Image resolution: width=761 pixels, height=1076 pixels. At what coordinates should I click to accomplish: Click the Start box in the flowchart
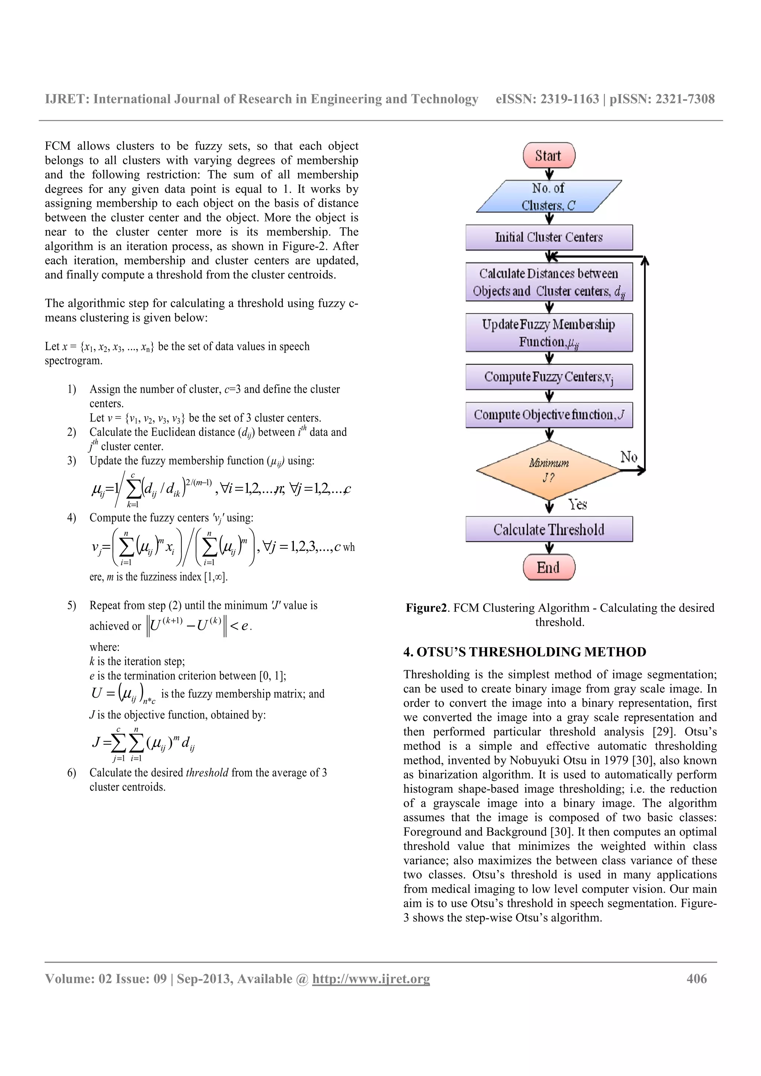tap(548, 156)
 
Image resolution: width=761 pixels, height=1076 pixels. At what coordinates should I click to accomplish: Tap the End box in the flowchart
tap(548, 568)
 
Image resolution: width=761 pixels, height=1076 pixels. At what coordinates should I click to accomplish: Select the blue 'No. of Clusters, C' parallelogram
tap(548, 196)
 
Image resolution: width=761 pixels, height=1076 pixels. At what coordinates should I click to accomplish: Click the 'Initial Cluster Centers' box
tap(548, 237)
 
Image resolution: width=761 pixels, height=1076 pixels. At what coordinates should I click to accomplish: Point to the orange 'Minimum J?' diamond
tap(548, 470)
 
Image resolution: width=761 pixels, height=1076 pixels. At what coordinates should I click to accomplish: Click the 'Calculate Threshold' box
tap(548, 529)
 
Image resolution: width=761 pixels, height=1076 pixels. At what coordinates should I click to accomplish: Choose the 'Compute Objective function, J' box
tap(548, 415)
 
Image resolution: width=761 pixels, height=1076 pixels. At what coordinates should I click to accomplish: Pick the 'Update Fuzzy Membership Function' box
tap(548, 333)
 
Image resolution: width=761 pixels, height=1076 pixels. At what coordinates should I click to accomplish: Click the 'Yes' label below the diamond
tap(578, 504)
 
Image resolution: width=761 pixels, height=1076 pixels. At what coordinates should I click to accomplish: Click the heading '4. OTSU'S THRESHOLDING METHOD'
tap(525, 652)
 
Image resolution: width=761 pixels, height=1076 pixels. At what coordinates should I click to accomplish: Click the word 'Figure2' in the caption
tap(426, 608)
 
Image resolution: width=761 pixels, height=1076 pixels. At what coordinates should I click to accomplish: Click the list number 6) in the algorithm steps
tap(71, 772)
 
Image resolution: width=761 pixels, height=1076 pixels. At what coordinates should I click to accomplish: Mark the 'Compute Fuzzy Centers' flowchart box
tap(548, 377)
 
